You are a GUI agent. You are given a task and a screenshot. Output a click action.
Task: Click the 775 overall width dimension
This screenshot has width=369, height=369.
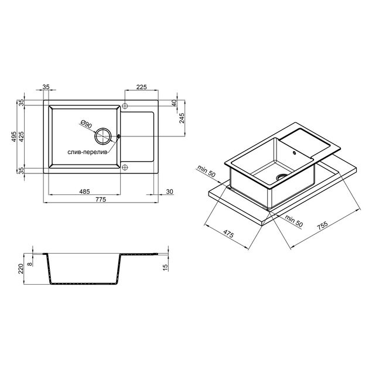click(101, 199)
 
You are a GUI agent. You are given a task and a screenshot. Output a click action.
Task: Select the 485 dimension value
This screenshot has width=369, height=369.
click(84, 192)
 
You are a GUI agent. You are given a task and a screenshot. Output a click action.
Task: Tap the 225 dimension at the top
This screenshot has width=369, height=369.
click(141, 87)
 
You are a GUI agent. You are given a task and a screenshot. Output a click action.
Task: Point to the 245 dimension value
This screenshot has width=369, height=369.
click(182, 118)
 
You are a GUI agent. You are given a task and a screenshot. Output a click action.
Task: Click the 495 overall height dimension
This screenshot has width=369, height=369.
click(14, 136)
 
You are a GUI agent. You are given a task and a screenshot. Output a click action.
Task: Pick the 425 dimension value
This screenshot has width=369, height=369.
click(21, 136)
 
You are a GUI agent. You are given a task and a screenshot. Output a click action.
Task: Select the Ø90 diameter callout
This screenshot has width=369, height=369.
click(86, 124)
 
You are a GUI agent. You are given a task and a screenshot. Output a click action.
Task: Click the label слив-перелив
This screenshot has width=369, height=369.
click(87, 152)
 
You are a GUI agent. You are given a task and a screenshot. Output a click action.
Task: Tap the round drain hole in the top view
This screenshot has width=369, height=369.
click(103, 136)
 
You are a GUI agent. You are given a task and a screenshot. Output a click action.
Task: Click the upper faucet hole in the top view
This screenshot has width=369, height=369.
click(125, 105)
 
